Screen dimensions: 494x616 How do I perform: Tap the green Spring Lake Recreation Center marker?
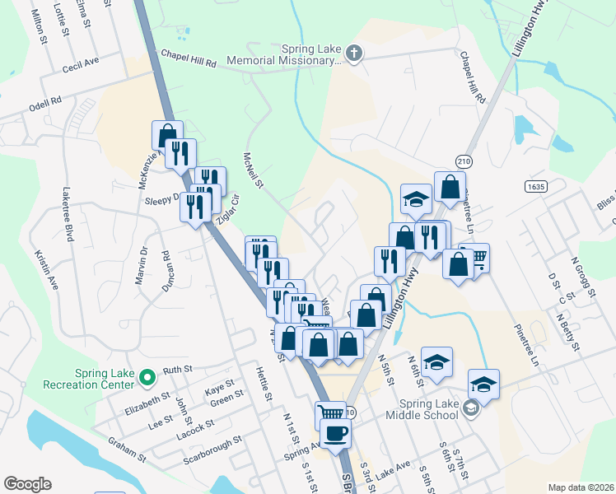(x=147, y=378)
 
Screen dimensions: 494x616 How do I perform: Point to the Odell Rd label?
(x=45, y=103)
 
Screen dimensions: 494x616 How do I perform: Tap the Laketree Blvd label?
(x=68, y=213)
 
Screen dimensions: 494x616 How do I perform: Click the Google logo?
(x=27, y=484)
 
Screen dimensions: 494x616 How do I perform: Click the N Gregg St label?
(x=582, y=276)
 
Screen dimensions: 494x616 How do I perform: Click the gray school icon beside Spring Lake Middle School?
(x=470, y=408)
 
